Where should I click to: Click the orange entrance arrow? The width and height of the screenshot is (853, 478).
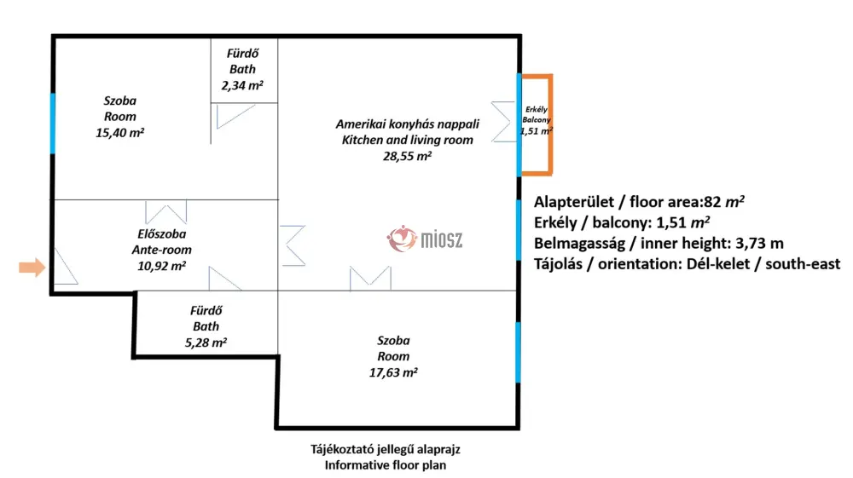coord(32,268)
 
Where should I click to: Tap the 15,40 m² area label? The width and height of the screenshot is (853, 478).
coord(119,133)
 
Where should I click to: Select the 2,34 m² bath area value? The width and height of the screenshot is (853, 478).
coord(242,85)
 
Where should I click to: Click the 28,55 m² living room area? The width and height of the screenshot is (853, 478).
coord(407,156)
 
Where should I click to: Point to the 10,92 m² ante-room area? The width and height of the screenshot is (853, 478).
coord(161,266)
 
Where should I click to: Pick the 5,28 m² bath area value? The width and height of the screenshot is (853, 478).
coord(206,343)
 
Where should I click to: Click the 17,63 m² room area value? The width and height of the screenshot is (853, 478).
coord(393,372)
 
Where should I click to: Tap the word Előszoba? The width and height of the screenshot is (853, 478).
coord(161,234)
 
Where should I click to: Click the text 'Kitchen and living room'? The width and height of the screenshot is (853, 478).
coord(408,140)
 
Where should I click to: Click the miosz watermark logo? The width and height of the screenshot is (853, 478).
coord(425,239)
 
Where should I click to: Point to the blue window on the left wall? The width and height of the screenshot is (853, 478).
coord(53,124)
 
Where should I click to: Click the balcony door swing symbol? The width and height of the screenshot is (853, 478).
coord(504,122)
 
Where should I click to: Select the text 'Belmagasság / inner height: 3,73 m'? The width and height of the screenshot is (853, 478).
coord(659,243)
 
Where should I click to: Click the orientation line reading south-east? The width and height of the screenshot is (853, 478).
coord(687,264)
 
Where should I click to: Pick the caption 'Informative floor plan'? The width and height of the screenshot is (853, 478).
coord(386,465)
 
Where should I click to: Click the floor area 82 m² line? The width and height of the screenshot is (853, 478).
coord(639,202)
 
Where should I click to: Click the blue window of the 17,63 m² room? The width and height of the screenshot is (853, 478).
coord(518,353)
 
